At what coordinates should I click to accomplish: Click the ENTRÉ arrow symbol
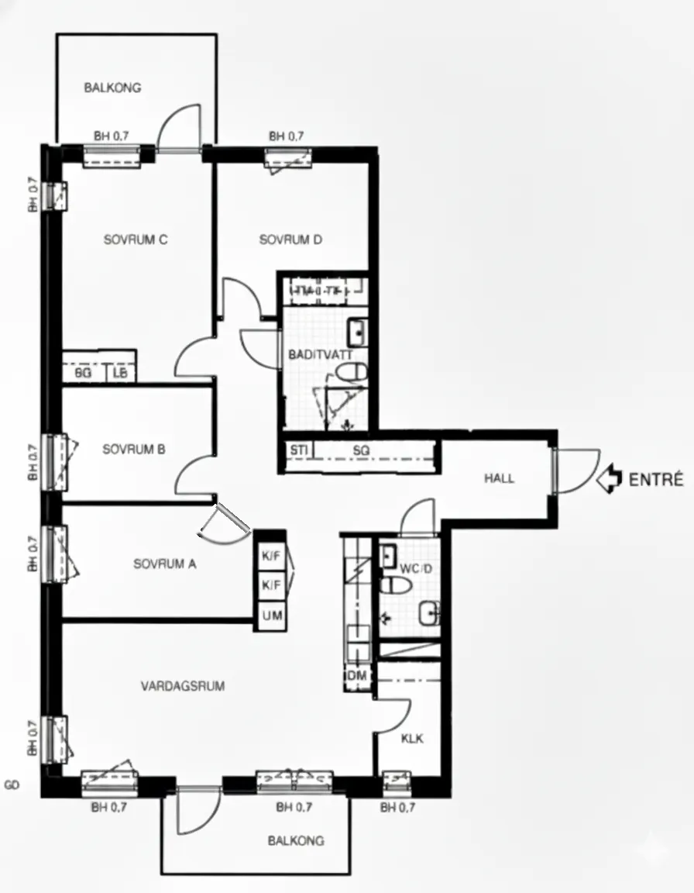[610, 478]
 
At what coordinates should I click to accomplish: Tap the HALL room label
[499, 478]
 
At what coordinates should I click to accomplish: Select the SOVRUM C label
[136, 240]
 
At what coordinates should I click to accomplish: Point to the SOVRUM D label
[290, 240]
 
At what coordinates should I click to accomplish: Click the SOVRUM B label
[134, 449]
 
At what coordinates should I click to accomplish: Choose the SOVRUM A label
[164, 564]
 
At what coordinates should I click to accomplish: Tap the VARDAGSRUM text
[183, 686]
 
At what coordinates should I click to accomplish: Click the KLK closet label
[412, 739]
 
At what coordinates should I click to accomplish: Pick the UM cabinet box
[271, 616]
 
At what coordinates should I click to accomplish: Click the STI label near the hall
[297, 450]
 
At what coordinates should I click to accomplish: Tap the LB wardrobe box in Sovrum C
[120, 374]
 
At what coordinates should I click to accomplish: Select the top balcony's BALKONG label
[112, 88]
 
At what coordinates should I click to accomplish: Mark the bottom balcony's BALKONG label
[296, 840]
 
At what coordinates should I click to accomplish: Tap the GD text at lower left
[12, 785]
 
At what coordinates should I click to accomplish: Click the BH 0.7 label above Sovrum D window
[286, 136]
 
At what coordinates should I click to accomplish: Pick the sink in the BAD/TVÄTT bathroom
[357, 333]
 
